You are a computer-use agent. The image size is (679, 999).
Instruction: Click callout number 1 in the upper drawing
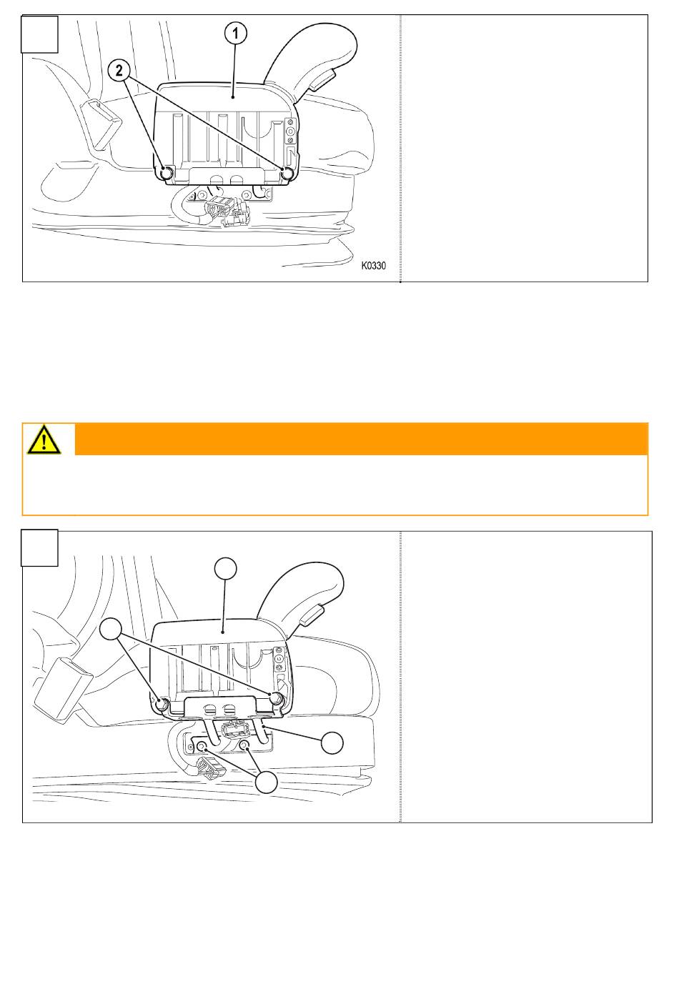[235, 33]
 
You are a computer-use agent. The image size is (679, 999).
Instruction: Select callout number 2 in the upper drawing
[119, 71]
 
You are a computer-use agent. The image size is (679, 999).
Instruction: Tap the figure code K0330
[373, 266]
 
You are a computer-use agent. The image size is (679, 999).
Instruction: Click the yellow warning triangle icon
[44, 439]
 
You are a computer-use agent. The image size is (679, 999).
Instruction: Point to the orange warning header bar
[362, 439]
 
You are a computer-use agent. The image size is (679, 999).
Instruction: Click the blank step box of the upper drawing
[40, 34]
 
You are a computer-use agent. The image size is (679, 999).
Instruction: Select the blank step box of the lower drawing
[40, 547]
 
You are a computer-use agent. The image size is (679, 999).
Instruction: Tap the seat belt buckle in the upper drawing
[99, 124]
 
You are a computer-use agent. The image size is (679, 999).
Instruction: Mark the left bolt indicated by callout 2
[167, 173]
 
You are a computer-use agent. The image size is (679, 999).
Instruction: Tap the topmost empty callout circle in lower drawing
[226, 568]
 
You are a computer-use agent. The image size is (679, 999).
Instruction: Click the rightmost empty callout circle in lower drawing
[332, 742]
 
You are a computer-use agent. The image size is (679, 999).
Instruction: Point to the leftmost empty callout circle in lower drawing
[111, 629]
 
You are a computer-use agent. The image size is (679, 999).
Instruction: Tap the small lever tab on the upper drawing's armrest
[322, 81]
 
